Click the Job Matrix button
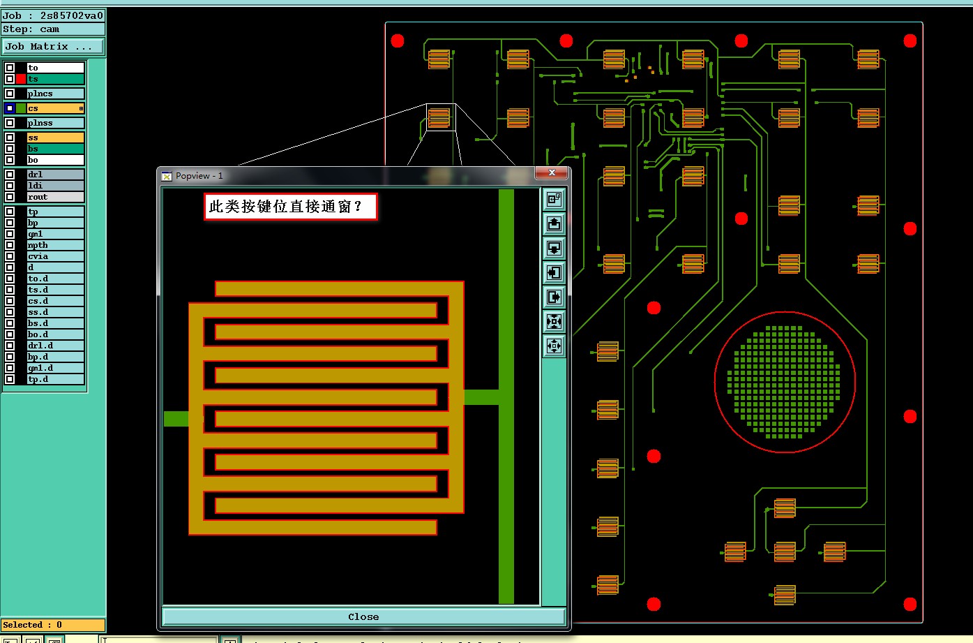[x=52, y=47]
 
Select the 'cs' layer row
[x=55, y=108]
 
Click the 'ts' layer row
[x=55, y=79]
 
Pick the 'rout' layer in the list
[x=55, y=197]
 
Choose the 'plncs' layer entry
[x=55, y=94]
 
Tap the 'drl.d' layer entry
[x=55, y=346]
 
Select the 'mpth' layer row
[x=55, y=245]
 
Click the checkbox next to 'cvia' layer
[x=10, y=256]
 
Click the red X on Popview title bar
[x=552, y=172]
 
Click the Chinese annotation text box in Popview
[x=290, y=207]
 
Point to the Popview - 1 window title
[x=199, y=176]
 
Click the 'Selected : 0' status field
[x=52, y=625]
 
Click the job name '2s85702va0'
[x=71, y=15]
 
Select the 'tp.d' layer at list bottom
[x=55, y=379]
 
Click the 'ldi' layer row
[x=55, y=186]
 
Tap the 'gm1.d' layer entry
[x=55, y=368]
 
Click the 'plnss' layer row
[x=55, y=123]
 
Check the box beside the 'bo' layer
[x=10, y=160]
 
